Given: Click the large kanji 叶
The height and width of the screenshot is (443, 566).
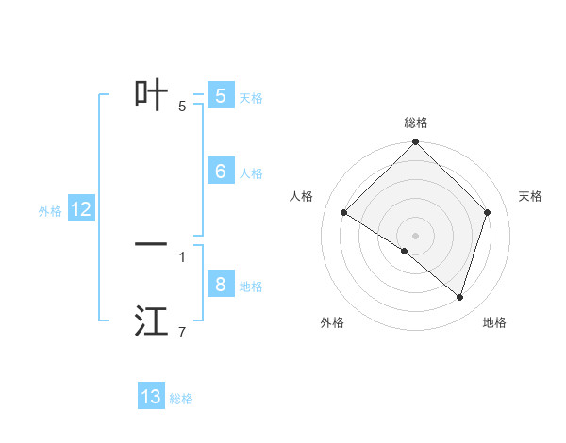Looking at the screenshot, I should tap(152, 94).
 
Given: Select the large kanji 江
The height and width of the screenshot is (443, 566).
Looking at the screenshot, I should tap(152, 321).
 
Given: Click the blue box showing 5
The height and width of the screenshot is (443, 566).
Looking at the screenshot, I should tap(220, 95).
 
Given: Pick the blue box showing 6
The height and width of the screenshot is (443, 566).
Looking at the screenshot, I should tap(220, 171).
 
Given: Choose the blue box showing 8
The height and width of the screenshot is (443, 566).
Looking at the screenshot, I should tap(220, 284).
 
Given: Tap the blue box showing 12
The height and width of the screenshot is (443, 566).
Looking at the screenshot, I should tap(80, 209).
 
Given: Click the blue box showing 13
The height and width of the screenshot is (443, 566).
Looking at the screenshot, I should tap(151, 397).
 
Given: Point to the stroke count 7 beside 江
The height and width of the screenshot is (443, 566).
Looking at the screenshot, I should tap(182, 332).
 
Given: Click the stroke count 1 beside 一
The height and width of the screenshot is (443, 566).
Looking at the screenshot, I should tap(182, 256).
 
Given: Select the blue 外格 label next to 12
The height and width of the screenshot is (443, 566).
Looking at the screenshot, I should tap(50, 211).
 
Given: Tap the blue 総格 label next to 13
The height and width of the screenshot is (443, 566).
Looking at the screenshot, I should tap(181, 399).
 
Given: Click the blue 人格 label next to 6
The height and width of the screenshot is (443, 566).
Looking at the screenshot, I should tap(251, 173).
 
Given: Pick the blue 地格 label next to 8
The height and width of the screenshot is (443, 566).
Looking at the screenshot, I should tap(251, 287).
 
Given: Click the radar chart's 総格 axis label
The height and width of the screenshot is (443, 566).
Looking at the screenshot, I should tap(415, 123).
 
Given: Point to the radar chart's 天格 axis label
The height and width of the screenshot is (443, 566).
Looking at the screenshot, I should tap(531, 196).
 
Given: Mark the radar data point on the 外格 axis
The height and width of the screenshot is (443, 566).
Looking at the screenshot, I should tap(405, 251).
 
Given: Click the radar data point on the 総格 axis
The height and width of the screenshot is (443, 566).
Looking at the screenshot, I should tap(415, 142).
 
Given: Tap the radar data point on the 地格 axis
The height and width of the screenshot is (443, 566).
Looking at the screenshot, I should tap(459, 297).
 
